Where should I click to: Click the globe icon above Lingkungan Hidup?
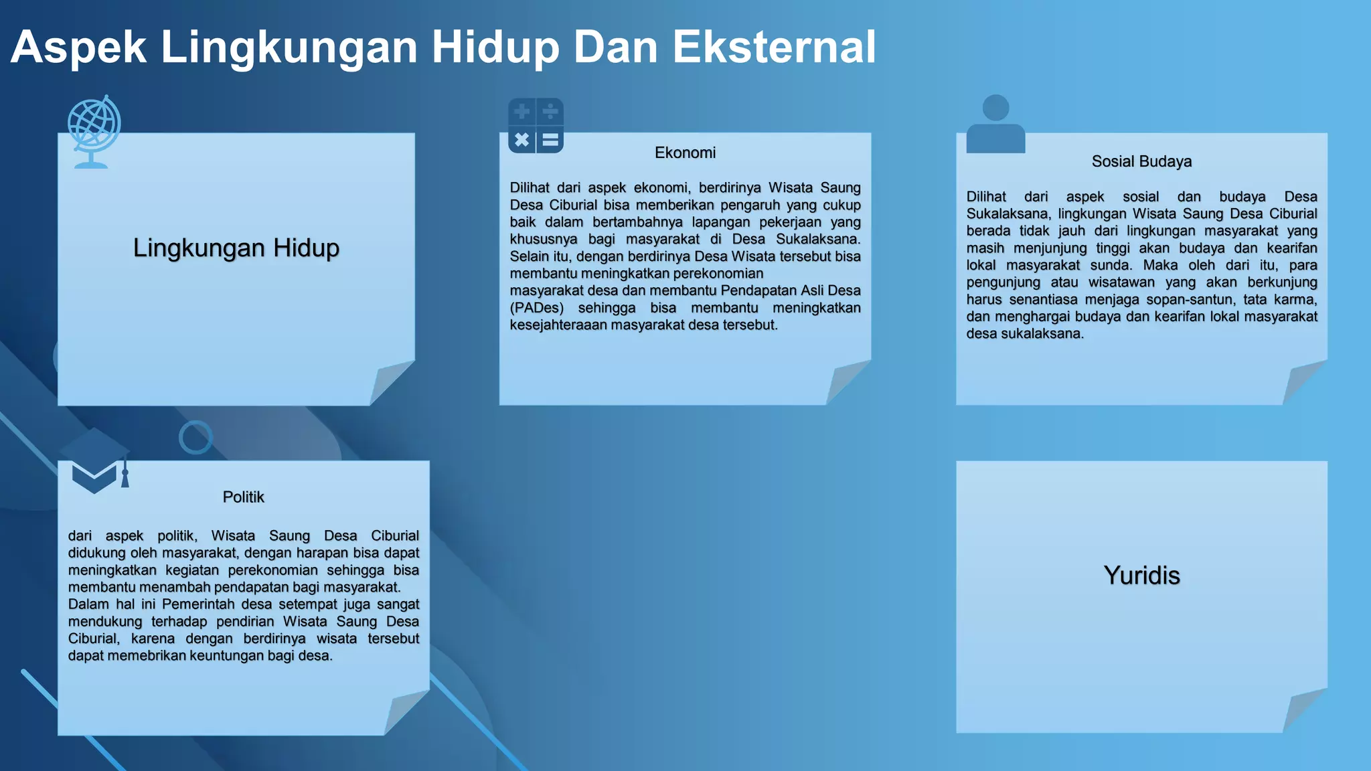[94, 131]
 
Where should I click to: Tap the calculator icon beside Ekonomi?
[536, 126]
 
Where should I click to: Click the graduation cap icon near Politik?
[94, 460]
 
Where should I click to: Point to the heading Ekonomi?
[685, 153]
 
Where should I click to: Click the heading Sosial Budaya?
[1141, 162]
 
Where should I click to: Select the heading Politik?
[243, 497]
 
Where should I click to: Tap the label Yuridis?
[1141, 576]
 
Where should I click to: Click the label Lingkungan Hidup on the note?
[236, 248]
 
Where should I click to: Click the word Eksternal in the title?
[774, 47]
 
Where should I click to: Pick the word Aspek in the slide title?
[78, 47]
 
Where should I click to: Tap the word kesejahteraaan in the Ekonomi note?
[558, 325]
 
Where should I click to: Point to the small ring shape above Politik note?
[195, 438]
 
